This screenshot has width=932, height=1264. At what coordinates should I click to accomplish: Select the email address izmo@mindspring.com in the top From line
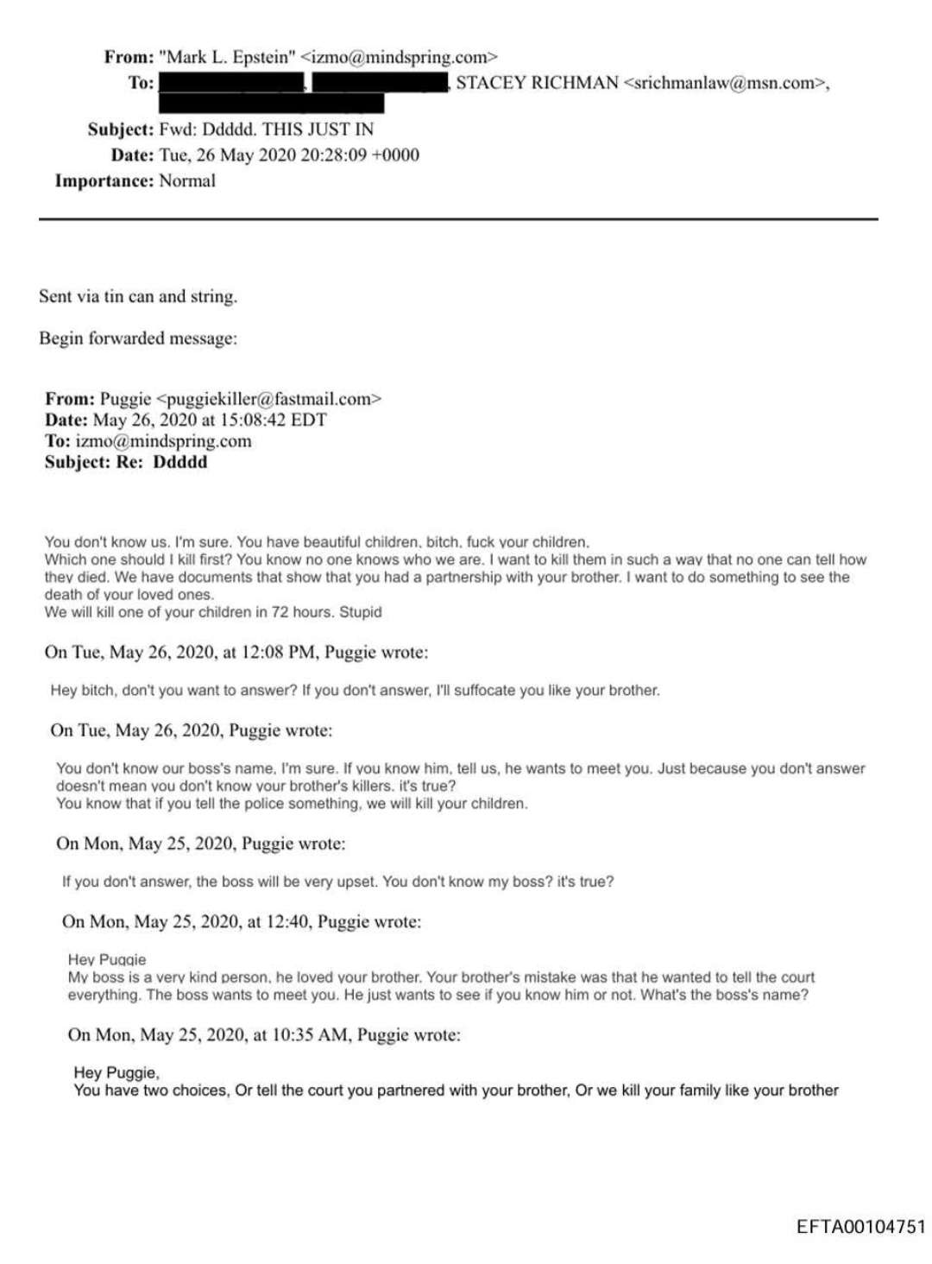point(399,57)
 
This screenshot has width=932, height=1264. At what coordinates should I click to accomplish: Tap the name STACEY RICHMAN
point(537,83)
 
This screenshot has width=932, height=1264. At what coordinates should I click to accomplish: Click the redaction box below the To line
point(271,104)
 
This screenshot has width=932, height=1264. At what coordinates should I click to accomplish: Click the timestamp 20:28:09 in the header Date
point(320,155)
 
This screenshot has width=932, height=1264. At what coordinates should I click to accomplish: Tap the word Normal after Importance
point(187,181)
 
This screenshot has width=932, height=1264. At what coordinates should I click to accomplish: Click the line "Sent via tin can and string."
point(138,296)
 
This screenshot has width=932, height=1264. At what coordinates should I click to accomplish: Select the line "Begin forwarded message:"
point(138,338)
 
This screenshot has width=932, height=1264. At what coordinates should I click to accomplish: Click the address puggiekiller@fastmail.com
point(268,399)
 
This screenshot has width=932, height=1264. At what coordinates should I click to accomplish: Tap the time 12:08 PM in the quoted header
point(278,652)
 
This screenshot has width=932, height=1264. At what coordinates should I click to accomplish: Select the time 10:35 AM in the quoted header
point(312,1034)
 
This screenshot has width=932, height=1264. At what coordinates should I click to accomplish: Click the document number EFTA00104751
point(860,1227)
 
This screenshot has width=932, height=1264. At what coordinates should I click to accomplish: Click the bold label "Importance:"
point(104,181)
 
